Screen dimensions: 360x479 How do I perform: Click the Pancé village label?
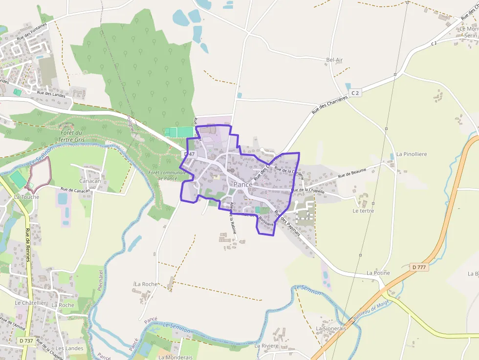pyautogui.click(x=243, y=184)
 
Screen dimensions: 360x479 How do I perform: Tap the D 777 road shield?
pyautogui.click(x=419, y=267)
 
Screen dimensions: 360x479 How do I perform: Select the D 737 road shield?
pyautogui.click(x=27, y=340)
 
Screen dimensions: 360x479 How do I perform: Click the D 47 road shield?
pyautogui.click(x=189, y=154)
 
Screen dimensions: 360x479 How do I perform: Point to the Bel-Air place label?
pyautogui.click(x=334, y=60)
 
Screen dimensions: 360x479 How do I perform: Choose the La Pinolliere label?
pyautogui.click(x=412, y=154)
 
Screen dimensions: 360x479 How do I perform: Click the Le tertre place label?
pyautogui.click(x=363, y=211)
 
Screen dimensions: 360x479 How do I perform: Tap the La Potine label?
pyautogui.click(x=378, y=273)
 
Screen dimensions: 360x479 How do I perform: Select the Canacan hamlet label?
pyautogui.click(x=90, y=181)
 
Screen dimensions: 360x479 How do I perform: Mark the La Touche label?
pyautogui.click(x=23, y=197)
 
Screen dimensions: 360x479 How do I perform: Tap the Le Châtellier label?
pyautogui.click(x=30, y=303)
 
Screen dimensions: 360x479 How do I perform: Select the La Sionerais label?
pyautogui.click(x=330, y=328)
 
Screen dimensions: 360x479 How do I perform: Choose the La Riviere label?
pyautogui.click(x=266, y=345)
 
